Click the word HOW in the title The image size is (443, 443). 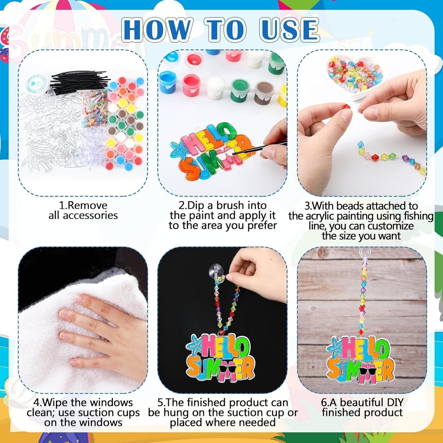[157, 30]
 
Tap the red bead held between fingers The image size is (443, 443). [346, 106]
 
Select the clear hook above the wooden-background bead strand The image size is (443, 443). [364, 253]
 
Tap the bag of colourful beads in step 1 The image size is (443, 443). [95, 108]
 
